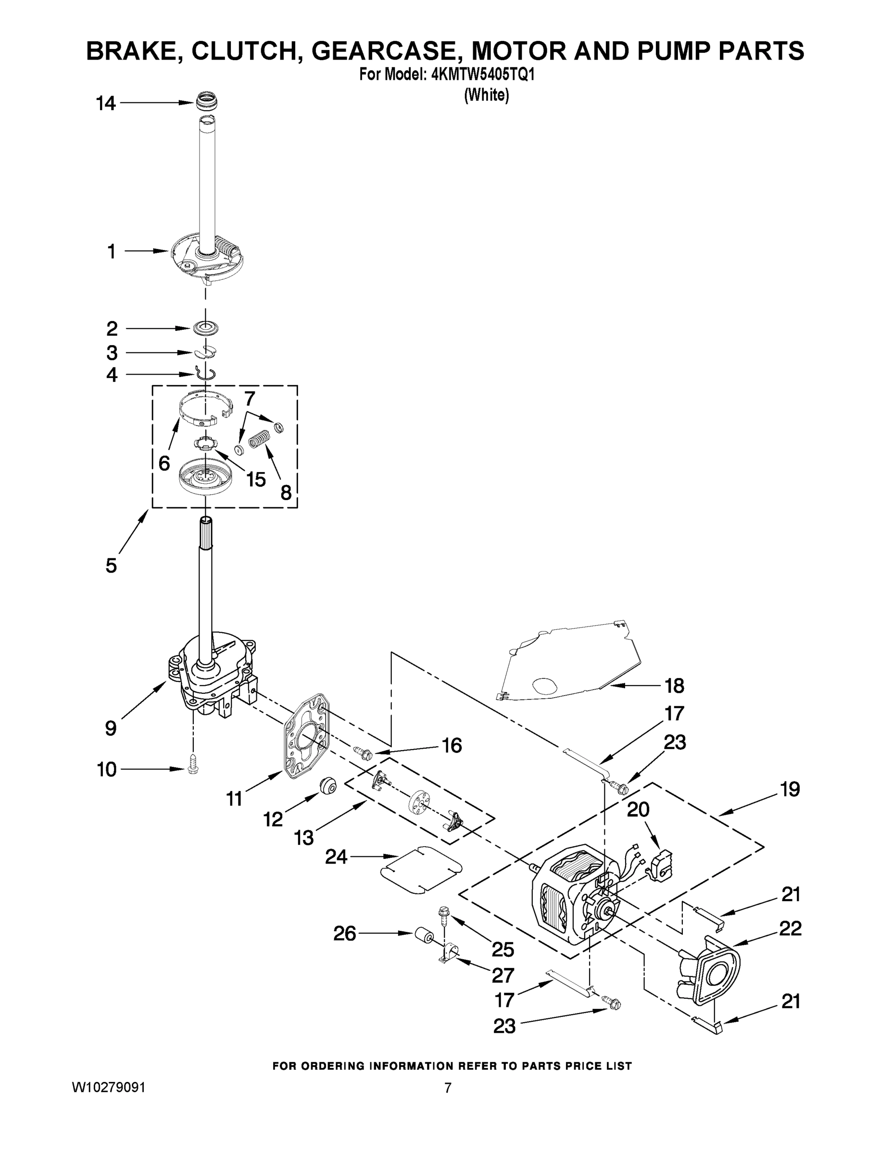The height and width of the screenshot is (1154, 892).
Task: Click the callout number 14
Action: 106,103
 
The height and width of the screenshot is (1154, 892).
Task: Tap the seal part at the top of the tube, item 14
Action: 207,101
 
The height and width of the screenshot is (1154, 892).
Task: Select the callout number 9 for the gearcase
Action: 111,728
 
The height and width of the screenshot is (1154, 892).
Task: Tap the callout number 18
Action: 675,686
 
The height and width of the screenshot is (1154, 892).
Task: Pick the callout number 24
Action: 336,857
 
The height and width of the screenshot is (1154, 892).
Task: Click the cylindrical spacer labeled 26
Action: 423,935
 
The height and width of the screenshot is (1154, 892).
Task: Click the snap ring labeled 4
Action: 205,374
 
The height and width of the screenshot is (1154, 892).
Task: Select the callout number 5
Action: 111,565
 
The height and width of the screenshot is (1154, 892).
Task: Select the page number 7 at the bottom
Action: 448,1088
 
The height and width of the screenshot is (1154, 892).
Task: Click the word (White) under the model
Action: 486,95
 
